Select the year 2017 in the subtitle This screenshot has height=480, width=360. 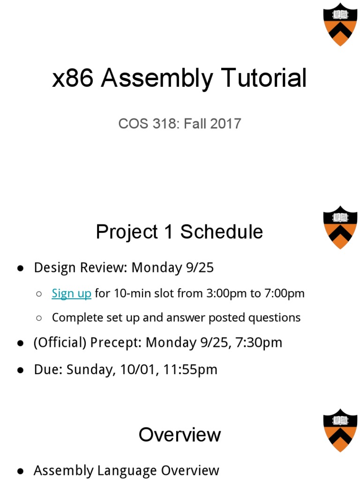[x=226, y=124]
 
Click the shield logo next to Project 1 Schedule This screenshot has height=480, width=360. [x=340, y=227]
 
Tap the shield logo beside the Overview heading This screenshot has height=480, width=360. [x=340, y=430]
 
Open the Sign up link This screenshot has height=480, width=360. [x=71, y=293]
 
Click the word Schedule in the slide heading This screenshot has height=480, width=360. [x=222, y=232]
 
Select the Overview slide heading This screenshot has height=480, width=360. [x=180, y=435]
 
